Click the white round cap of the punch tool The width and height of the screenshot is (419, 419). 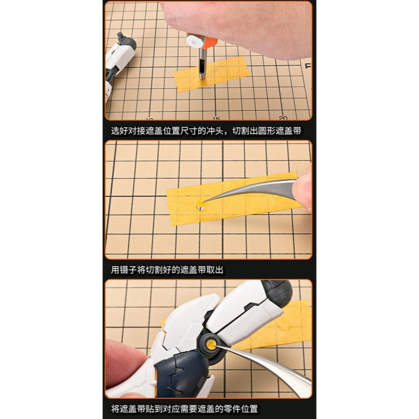(194, 41)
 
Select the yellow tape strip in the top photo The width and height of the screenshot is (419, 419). (211, 74)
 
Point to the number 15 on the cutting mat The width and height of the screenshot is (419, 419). (216, 118)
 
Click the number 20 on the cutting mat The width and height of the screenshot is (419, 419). (283, 118)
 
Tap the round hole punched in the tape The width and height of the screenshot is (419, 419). (201, 206)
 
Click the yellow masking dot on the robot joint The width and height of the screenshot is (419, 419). (211, 345)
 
